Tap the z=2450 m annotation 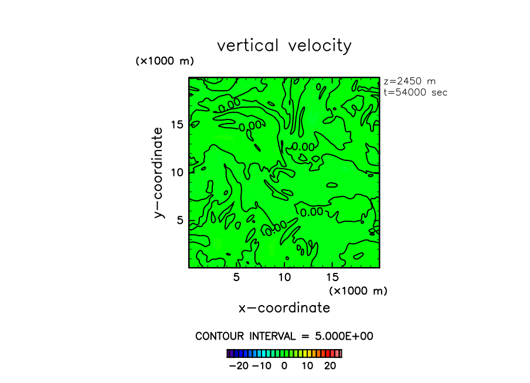(409, 81)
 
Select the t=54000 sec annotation (415, 93)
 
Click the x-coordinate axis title (284, 308)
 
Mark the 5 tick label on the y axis (181, 220)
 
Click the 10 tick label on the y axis (178, 172)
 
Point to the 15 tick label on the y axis (178, 124)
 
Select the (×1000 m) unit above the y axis (165, 61)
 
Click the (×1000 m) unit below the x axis (358, 290)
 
